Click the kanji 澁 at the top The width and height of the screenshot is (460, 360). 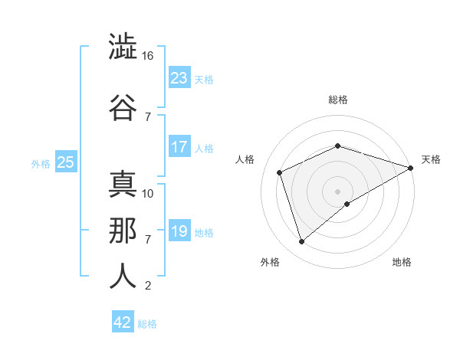pos(123,48)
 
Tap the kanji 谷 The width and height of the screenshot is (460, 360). pos(123,105)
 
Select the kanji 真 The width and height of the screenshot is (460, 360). pos(123,185)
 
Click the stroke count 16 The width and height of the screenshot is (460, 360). pos(148,56)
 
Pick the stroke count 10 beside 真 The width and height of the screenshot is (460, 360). pos(148,194)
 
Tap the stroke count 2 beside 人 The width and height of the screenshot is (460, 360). pos(147,286)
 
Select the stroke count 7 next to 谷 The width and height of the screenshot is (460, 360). pos(147,116)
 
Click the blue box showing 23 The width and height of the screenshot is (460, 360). pos(179,77)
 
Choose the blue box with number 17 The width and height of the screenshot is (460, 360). pos(179,147)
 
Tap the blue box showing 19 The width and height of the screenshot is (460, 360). pos(179,231)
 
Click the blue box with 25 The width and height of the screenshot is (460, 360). pos(66,162)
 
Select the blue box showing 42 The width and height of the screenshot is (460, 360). pos(123,322)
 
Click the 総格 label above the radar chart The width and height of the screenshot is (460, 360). pos(337,100)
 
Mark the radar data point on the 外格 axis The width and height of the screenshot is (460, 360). pos(301,242)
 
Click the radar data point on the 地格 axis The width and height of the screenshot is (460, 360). pos(347,204)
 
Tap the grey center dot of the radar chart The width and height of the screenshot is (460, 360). pos(337,191)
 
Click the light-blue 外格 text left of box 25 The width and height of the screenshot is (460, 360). pos(40,163)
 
